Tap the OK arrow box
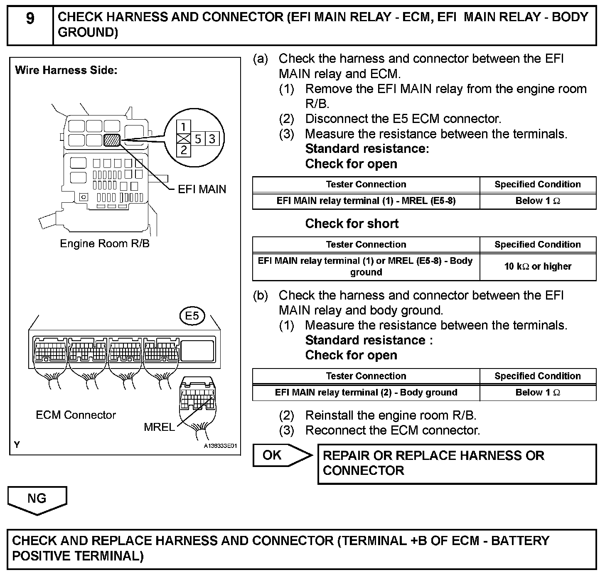[278, 455]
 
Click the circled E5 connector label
[192, 316]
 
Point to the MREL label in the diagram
[159, 427]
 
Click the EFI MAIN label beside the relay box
[202, 189]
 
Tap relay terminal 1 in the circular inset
[184, 126]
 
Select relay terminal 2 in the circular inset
[184, 150]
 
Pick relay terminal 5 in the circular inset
[198, 138]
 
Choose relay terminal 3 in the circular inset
[212, 138]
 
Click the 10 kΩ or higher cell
[538, 266]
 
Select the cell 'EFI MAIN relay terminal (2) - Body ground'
[366, 393]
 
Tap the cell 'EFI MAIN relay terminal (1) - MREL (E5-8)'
[366, 201]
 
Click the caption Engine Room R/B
[105, 243]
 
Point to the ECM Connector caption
[76, 415]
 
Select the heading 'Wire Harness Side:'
[66, 70]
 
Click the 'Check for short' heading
[352, 224]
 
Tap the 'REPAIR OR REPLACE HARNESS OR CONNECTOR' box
[456, 463]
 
